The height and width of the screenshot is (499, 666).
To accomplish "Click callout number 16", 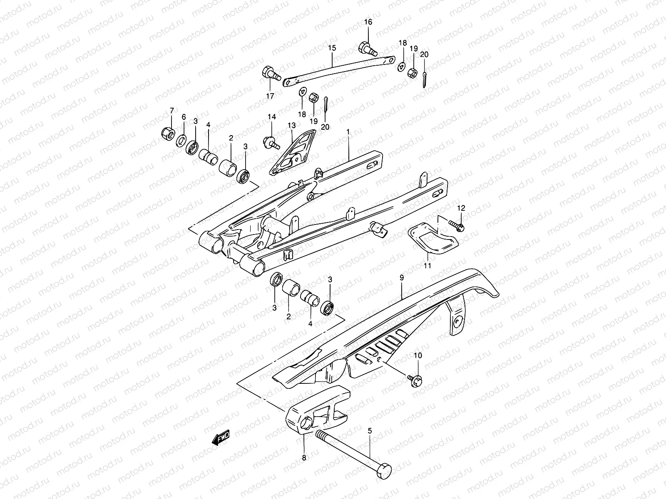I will coord(368,22).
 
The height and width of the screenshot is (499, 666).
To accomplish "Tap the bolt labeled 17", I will coord(270,75).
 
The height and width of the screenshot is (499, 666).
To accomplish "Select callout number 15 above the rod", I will coord(332,48).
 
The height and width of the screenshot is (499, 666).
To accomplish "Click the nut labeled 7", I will coord(168,133).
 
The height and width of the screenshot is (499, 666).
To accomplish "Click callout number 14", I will coord(271,117).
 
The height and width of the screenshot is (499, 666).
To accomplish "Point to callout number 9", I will coord(401,277).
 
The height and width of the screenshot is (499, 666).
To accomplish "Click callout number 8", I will coord(304,457).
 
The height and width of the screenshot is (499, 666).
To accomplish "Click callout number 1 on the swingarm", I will coord(348,131).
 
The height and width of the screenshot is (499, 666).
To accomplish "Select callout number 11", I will coord(427,265).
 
